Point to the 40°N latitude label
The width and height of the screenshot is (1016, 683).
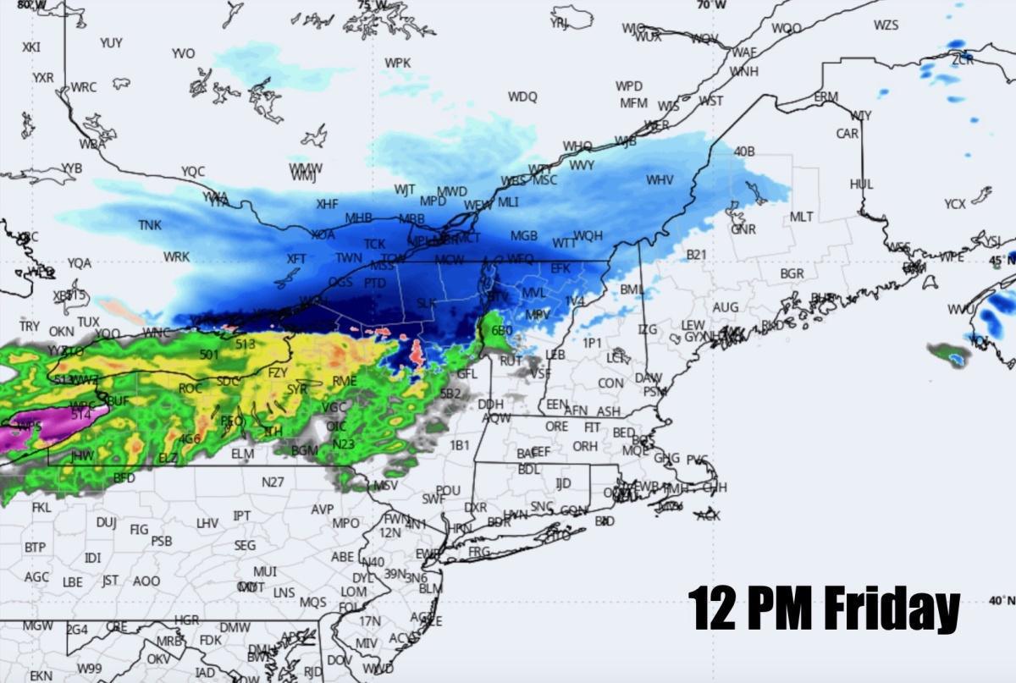(x=1000, y=600)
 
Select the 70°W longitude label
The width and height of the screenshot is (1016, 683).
(x=712, y=5)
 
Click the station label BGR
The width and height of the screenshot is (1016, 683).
(x=792, y=274)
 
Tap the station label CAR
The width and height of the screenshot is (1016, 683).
(x=847, y=134)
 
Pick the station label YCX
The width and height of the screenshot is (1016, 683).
(x=955, y=204)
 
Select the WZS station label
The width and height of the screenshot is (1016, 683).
(x=886, y=25)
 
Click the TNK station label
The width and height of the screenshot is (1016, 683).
(x=150, y=225)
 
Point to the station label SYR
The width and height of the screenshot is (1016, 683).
(x=297, y=389)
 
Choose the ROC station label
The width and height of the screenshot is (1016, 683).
(x=190, y=388)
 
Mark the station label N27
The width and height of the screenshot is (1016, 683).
(x=273, y=482)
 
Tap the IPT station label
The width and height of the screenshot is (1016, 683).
(x=242, y=515)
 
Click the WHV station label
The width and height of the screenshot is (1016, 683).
(x=660, y=180)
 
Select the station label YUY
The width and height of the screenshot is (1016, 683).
(x=111, y=42)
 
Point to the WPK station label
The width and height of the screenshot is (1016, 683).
(x=397, y=63)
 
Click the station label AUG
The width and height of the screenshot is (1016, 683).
(x=726, y=307)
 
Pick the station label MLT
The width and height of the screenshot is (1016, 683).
(x=801, y=218)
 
